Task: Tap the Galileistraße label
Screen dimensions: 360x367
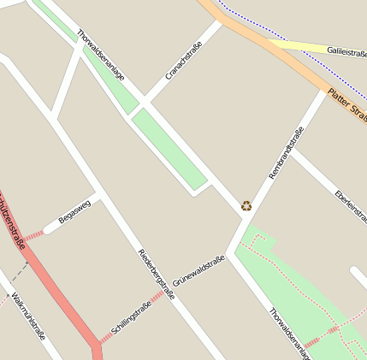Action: point(346,51)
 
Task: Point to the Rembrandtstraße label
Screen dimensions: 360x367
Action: point(287,152)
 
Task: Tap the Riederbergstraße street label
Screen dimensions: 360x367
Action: point(156,274)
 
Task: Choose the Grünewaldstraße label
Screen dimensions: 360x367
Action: point(198,270)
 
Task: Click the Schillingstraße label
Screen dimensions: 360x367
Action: point(131,317)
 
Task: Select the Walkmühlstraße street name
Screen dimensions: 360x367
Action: point(28,318)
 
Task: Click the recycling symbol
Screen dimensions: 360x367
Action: point(246,205)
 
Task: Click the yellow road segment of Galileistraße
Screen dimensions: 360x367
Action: point(295,45)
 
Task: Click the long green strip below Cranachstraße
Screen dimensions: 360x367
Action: point(169,149)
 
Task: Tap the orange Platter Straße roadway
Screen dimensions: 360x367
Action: point(257,43)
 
